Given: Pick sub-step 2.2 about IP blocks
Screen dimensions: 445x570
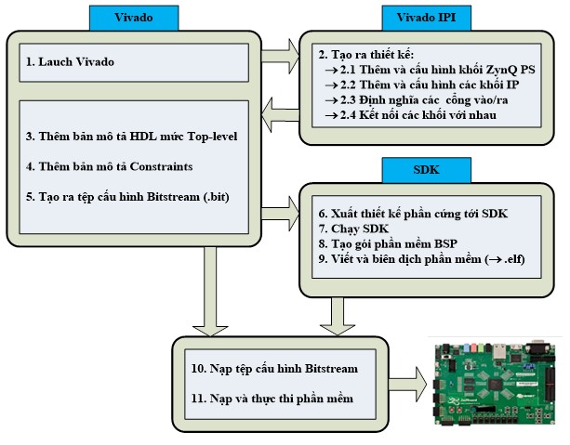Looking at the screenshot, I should pyautogui.click(x=422, y=85).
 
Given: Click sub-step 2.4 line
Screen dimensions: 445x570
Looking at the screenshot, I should pyautogui.click(x=416, y=114).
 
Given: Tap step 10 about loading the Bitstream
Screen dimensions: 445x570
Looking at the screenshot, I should pyautogui.click(x=274, y=369).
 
